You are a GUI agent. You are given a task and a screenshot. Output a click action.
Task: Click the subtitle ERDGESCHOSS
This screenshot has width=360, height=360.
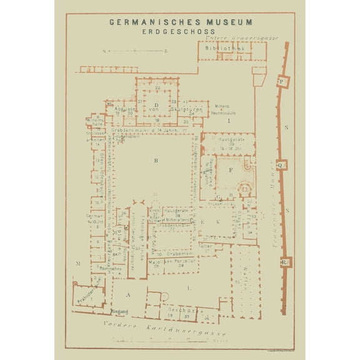(179, 31)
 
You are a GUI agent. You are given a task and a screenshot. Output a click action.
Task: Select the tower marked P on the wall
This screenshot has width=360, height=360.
(282, 82)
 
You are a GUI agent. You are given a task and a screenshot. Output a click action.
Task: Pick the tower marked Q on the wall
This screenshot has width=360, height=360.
(282, 165)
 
